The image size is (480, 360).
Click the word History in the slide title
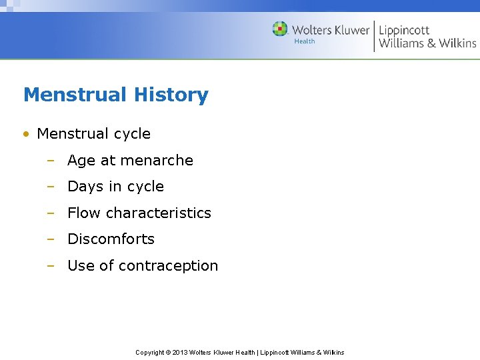tap(171, 95)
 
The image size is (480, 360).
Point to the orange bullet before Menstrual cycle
tap(26, 134)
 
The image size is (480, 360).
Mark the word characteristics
tap(159, 213)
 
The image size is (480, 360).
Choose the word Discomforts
tap(111, 239)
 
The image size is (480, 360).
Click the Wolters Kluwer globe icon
tap(280, 29)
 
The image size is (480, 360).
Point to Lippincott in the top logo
tap(404, 30)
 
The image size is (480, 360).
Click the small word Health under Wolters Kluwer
tap(304, 41)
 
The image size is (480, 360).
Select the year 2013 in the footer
tap(180, 353)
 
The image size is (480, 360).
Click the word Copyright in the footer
tap(150, 353)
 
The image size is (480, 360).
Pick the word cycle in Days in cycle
tap(146, 187)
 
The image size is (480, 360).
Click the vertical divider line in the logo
tap(374, 36)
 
